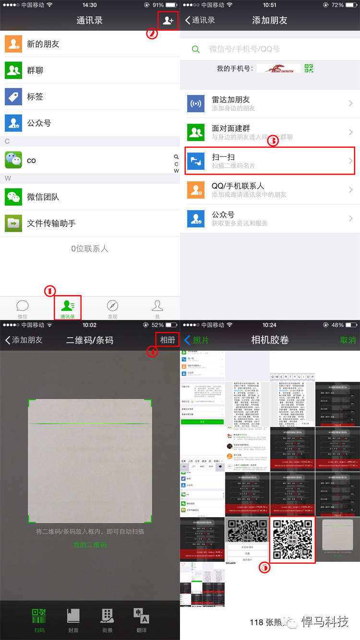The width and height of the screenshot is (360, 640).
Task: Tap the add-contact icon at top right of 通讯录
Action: tap(168, 21)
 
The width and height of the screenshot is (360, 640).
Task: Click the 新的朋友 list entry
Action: tap(43, 44)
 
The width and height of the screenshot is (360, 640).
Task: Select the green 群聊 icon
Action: tap(13, 71)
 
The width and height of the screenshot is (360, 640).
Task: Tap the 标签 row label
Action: tap(35, 97)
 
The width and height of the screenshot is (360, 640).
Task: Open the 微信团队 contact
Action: tap(43, 197)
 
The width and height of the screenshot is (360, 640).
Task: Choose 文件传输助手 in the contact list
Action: tap(51, 224)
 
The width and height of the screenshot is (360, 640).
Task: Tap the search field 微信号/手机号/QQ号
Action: tap(244, 49)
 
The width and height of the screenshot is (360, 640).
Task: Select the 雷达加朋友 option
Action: tap(231, 100)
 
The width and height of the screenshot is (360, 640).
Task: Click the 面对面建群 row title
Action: tap(231, 129)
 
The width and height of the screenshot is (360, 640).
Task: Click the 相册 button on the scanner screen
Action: tap(168, 340)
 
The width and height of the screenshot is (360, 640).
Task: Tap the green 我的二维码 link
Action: tap(90, 545)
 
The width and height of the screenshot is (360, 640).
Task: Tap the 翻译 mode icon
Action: tap(141, 619)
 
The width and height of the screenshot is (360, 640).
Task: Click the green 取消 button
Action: tap(348, 340)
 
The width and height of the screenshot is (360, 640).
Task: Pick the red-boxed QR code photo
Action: tap(293, 540)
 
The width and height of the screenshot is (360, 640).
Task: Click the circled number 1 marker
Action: tap(50, 291)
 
